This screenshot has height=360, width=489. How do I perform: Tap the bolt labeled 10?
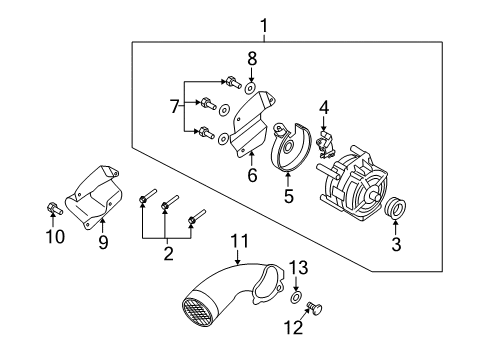click(51, 209)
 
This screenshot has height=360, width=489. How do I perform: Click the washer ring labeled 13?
click(296, 298)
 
